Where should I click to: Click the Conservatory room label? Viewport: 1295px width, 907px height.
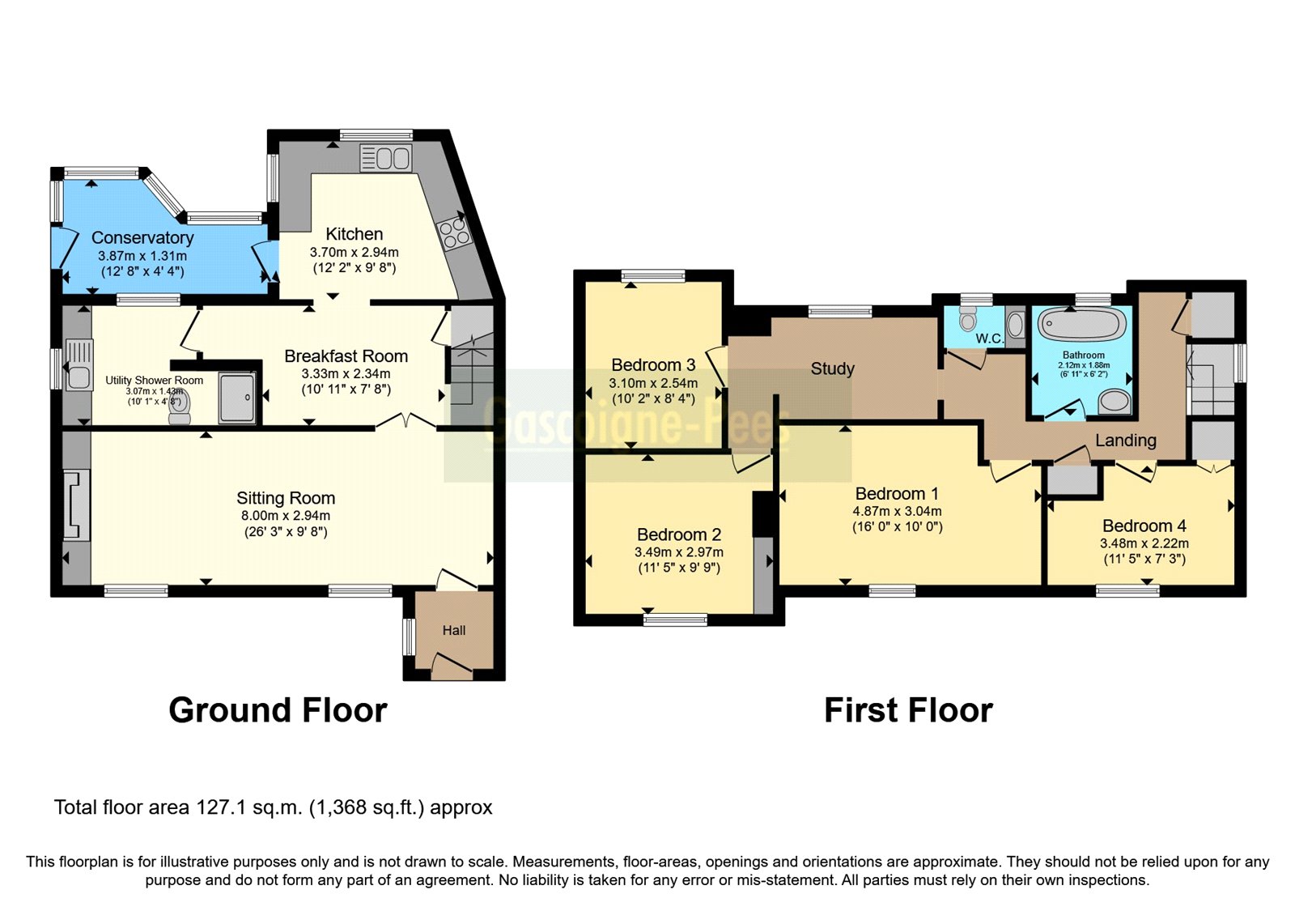[142, 237]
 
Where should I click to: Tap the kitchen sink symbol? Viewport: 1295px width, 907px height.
[386, 157]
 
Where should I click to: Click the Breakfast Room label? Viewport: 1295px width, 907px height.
[346, 356]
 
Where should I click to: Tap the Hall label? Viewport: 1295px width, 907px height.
[453, 630]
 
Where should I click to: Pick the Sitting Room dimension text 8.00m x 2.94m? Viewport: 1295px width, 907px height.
[286, 516]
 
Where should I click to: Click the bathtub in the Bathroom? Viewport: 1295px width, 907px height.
[1082, 324]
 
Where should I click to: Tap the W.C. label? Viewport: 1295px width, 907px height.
[989, 339]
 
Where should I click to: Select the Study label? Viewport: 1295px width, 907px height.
[832, 369]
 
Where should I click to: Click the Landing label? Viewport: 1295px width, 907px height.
[1125, 441]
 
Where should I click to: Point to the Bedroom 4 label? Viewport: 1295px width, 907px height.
[1144, 526]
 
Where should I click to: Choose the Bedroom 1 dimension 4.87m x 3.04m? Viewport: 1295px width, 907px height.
[897, 511]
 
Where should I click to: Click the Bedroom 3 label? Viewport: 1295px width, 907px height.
[653, 365]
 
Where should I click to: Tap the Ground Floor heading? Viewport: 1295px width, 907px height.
[278, 710]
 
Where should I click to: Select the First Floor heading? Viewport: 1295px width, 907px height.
[908, 710]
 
